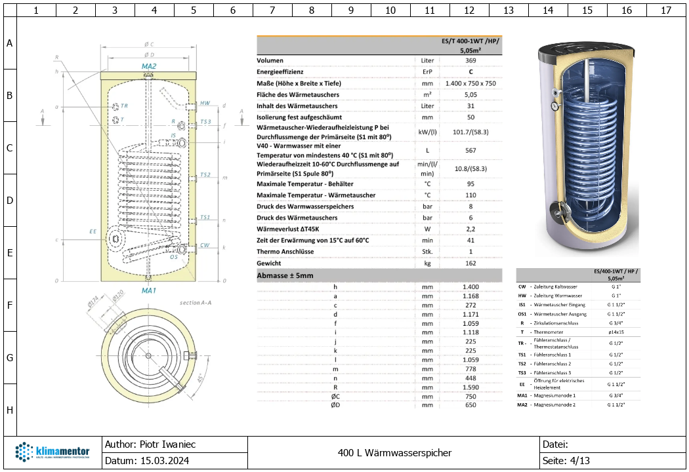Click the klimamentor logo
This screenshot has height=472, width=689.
click(52, 453)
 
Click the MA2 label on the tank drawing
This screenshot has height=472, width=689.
click(149, 67)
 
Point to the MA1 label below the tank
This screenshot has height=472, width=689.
click(149, 290)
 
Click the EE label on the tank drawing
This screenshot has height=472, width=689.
click(93, 231)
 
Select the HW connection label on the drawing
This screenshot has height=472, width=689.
click(205, 104)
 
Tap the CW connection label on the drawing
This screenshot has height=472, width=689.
click(205, 245)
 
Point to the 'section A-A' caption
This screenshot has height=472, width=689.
click(196, 303)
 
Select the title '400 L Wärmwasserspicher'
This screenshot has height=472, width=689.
click(394, 452)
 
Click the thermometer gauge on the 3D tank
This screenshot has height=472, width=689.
click(554, 105)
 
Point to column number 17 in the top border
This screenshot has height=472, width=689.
click(666, 10)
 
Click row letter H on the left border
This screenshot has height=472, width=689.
click(9, 410)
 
